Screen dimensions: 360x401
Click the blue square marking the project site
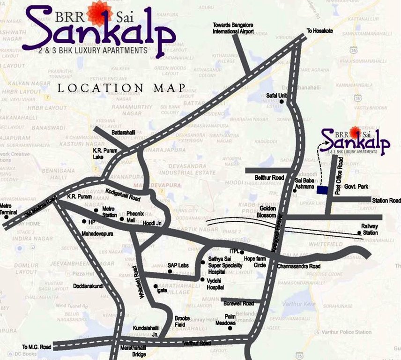point(322,190)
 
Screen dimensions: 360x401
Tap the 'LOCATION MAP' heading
point(121,88)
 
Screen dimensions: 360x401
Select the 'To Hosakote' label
point(319,31)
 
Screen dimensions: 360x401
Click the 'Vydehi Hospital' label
point(215,284)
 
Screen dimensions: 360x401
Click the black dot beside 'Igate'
point(155,285)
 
